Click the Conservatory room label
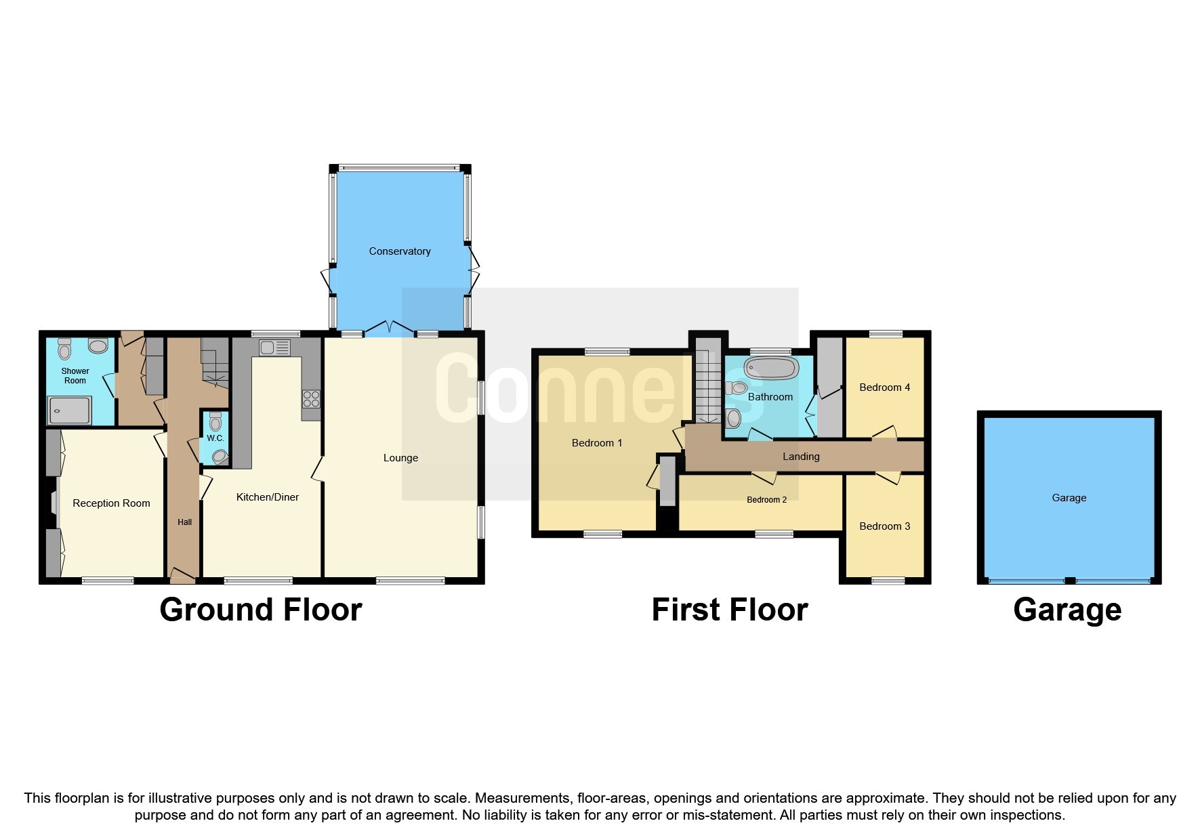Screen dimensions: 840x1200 coord(400,251)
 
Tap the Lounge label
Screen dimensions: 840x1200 coord(400,458)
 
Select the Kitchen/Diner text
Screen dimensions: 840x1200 coord(268,497)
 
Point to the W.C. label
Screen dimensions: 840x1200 coord(215,438)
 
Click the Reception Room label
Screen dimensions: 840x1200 coord(111,503)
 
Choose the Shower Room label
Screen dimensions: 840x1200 coord(75,376)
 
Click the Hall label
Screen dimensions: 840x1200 coord(185,522)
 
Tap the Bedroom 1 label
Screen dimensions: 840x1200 coord(597,443)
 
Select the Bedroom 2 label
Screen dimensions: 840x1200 coord(766,500)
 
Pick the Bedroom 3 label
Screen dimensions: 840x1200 coord(884,526)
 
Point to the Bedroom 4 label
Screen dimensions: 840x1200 coord(884,387)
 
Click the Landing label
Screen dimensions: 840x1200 coord(801,457)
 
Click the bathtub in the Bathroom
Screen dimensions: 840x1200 coord(771,369)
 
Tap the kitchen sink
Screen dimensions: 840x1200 coord(274,348)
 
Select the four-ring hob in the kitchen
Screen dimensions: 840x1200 coord(311,399)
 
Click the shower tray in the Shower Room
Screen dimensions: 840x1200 coord(69,411)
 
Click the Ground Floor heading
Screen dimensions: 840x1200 coord(261,610)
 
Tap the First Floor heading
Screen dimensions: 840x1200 coord(730,610)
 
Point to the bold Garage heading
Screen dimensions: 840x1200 coord(1067,610)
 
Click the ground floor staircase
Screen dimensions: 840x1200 coord(215,363)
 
